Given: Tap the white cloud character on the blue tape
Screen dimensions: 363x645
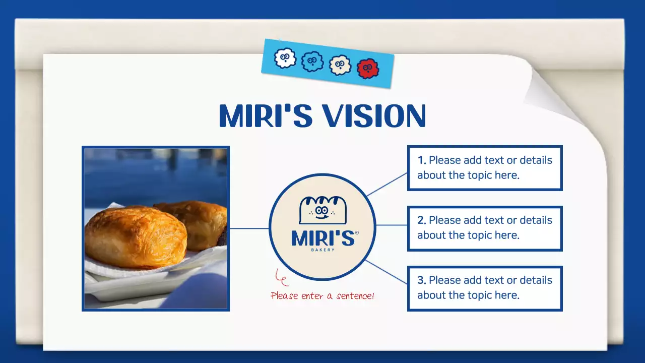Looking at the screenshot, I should point(285,58).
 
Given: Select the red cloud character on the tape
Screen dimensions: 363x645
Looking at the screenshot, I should point(368,68).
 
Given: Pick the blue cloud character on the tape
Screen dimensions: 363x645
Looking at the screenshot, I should point(312,62).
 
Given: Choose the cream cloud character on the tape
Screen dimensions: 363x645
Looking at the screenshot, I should point(340,65).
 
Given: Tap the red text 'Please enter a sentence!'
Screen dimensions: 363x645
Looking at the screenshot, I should point(322,295).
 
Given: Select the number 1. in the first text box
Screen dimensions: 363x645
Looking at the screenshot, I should point(422,160).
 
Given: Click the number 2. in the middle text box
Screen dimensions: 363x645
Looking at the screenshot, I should point(422,220).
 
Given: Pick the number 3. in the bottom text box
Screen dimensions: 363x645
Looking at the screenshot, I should point(422,280).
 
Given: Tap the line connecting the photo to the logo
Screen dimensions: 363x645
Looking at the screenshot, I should point(249,228).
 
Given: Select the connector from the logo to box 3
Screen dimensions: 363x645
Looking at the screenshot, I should point(387,272).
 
